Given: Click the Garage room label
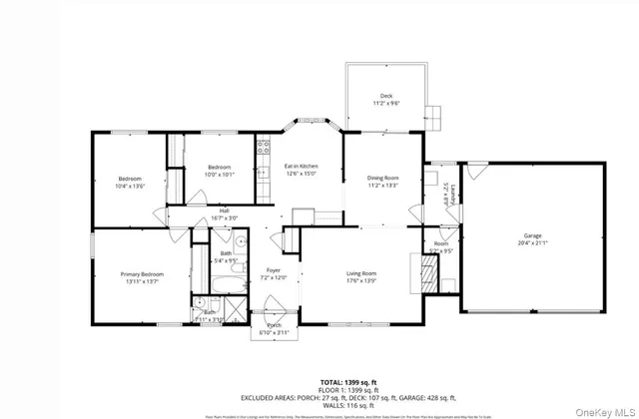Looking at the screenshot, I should [533, 235].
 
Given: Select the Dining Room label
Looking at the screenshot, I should [383, 178].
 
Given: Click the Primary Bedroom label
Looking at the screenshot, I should [142, 274].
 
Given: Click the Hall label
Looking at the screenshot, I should [224, 210].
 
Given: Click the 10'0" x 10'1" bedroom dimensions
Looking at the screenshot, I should [220, 174].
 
